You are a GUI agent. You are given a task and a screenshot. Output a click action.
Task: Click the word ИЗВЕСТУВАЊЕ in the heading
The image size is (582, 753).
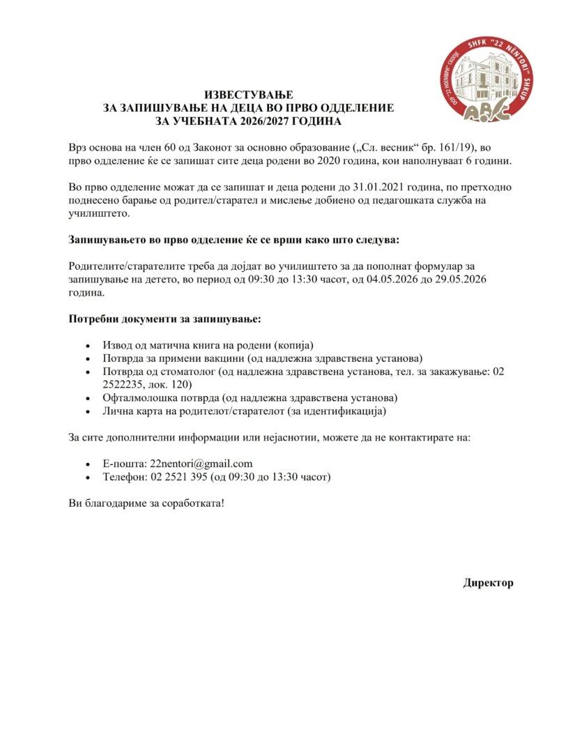tap(249, 94)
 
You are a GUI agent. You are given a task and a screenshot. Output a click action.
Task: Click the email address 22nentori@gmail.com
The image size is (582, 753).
tap(201, 464)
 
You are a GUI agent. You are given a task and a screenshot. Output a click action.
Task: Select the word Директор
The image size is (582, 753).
tap(488, 583)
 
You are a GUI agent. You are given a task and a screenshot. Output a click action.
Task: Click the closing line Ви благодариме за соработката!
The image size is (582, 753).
tap(146, 503)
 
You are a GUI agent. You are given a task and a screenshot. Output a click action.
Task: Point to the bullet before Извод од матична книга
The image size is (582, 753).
tap(87, 346)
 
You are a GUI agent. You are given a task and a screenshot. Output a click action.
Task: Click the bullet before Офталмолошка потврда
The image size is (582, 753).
tap(87, 398)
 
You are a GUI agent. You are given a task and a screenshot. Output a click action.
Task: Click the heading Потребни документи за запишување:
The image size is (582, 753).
tap(164, 319)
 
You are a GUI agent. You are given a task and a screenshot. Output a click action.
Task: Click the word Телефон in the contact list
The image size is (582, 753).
tap(123, 478)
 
